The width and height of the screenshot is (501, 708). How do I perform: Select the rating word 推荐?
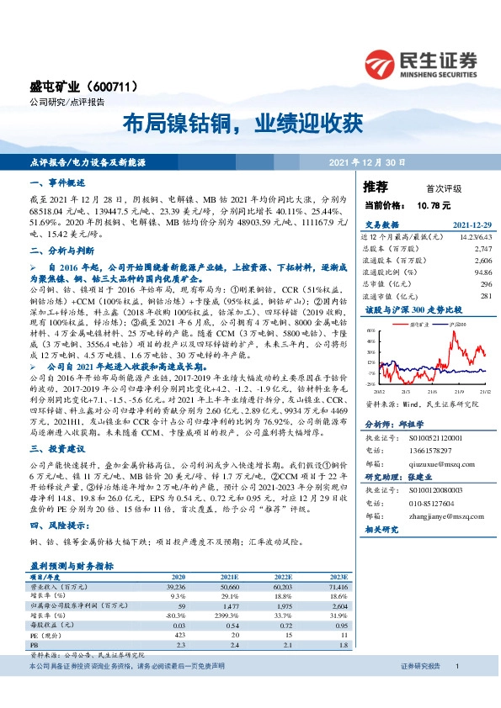376,186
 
